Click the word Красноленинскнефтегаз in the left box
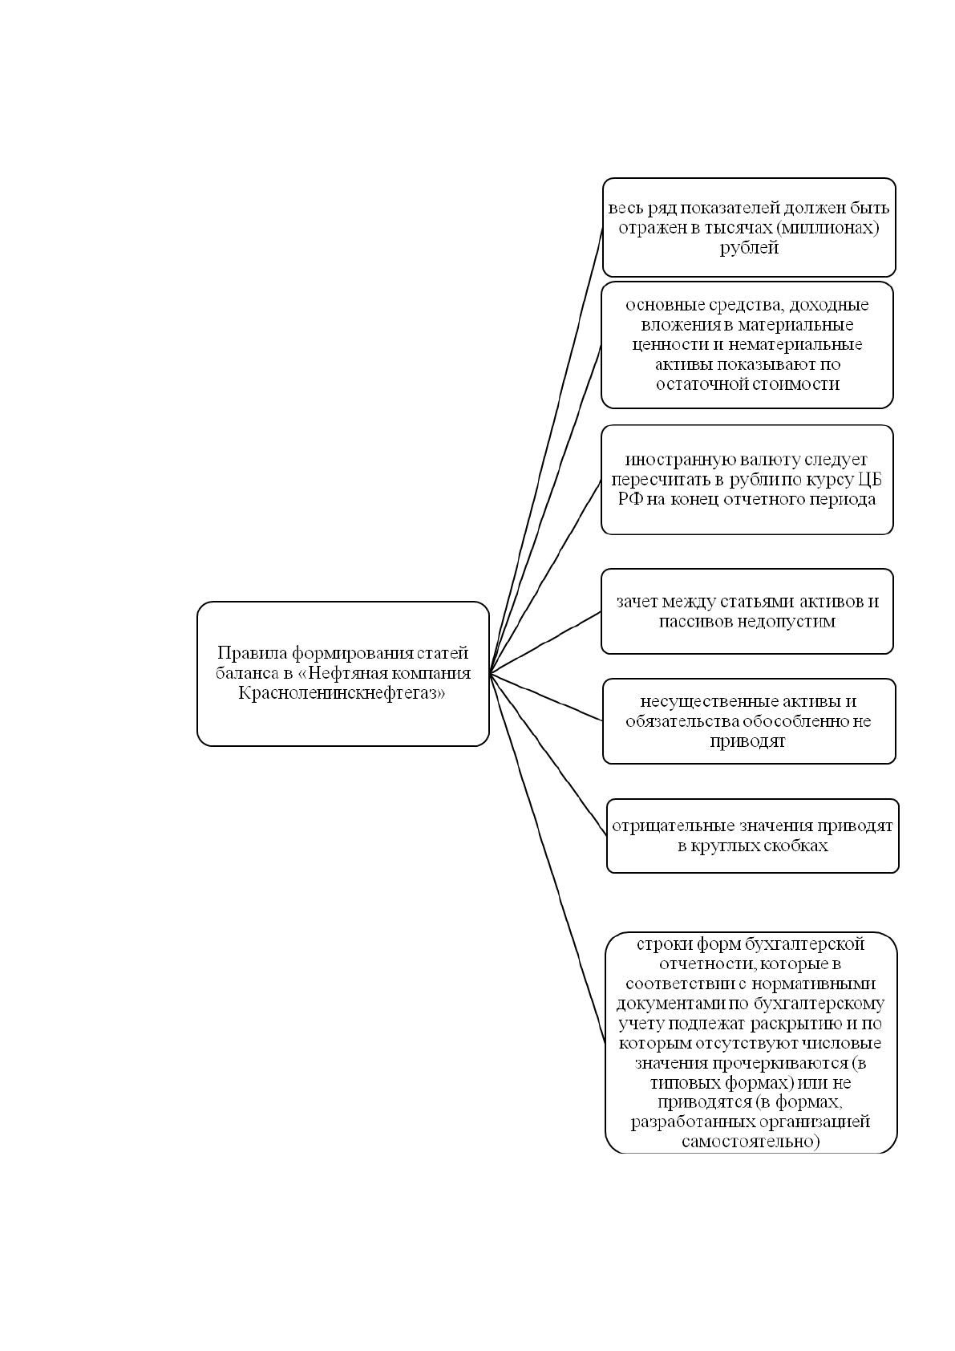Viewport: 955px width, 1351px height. (x=342, y=693)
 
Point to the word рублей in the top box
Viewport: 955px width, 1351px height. (x=749, y=248)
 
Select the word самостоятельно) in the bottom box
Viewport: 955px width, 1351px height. (x=751, y=1142)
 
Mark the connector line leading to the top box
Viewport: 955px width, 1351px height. (x=546, y=451)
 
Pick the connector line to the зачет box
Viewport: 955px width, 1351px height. (x=545, y=643)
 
